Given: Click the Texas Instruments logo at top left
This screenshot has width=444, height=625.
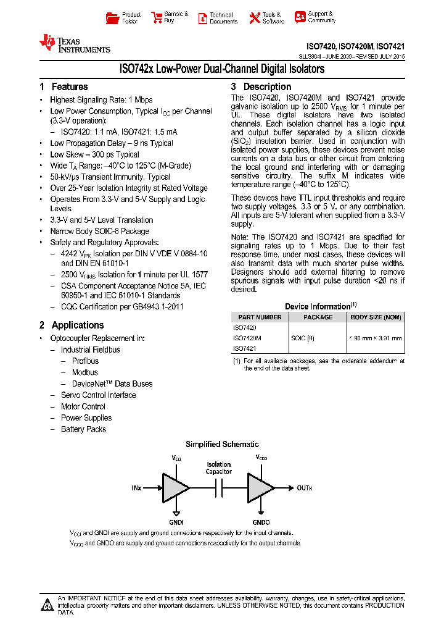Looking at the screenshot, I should coord(75,43).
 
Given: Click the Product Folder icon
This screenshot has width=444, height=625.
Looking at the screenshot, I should coord(112,18).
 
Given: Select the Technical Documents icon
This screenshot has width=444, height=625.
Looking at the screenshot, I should coord(202,18).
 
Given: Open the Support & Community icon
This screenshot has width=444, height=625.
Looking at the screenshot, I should coord(300,17).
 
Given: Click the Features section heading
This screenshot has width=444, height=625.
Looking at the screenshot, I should coord(64,87).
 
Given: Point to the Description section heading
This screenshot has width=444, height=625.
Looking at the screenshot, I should coord(261,87).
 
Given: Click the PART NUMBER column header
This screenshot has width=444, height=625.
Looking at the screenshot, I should coord(259,317).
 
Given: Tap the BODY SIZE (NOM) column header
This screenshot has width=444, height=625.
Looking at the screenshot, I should coord(376,317).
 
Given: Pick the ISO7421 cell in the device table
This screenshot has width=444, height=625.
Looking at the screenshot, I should coord(245,349).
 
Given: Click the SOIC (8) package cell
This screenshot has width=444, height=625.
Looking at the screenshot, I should coord(303,338).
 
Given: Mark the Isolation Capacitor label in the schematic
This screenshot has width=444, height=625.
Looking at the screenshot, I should coord(219,468).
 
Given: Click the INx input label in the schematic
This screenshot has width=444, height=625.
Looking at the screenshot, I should coord(136,488).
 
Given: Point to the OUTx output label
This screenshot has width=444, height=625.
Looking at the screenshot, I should coord(305,488).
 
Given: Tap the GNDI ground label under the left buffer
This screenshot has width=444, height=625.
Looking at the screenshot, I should coord(177,521).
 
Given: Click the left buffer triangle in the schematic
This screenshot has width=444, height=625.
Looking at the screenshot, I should coord(175,488).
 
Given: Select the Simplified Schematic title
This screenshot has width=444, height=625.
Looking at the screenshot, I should coord(222,445).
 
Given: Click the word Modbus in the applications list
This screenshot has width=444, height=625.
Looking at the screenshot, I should coord(84,372).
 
